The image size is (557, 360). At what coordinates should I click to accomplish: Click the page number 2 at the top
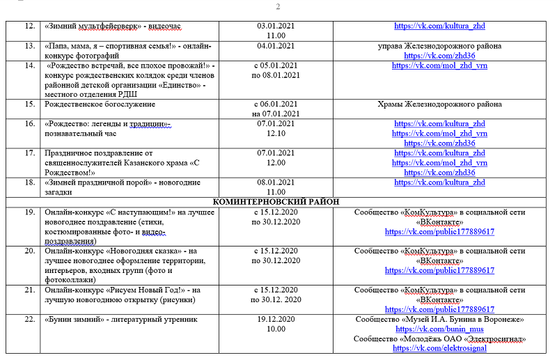(278, 7)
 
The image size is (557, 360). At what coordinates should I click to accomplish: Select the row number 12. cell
(29, 26)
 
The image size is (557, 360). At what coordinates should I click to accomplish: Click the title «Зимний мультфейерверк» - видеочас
(112, 26)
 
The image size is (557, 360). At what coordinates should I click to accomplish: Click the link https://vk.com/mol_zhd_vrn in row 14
(439, 65)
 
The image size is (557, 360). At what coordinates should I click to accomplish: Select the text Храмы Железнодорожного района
(439, 104)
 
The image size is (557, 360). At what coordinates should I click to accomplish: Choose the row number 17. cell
(29, 153)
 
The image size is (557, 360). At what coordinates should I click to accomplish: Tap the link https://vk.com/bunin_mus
(439, 329)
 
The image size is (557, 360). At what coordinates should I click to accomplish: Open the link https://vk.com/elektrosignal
(439, 348)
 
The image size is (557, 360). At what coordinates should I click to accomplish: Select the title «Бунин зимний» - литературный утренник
(121, 320)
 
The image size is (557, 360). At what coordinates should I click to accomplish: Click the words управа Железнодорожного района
(439, 46)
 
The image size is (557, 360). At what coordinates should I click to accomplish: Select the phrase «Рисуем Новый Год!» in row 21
(144, 290)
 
